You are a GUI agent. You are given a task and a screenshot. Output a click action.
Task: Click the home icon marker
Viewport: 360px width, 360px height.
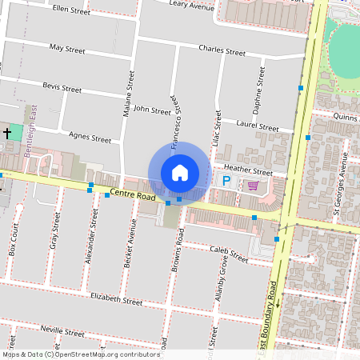click(180, 172)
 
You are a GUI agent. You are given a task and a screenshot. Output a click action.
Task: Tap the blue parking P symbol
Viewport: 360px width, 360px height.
click(226, 182)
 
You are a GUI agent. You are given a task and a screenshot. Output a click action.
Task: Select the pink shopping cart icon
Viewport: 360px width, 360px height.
click(253, 186)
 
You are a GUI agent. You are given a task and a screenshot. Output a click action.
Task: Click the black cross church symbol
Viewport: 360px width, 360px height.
click(7, 132)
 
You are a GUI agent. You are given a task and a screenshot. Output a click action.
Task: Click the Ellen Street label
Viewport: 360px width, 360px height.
click(70, 8)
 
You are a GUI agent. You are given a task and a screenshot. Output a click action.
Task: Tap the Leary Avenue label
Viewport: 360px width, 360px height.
click(192, 5)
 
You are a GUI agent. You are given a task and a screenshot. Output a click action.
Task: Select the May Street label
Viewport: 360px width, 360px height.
click(67, 49)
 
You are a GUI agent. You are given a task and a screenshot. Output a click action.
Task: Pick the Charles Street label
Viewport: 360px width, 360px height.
click(222, 50)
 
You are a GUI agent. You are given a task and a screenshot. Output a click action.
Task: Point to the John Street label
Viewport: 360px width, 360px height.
click(152, 110)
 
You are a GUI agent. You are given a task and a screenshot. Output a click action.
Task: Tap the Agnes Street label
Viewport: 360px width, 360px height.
click(90, 138)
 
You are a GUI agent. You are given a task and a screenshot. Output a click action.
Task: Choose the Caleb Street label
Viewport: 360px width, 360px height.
click(229, 254)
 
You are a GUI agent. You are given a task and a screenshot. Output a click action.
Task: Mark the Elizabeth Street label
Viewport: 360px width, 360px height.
click(117, 300)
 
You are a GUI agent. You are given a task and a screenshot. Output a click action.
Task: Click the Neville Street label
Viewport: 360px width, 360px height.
click(62, 331)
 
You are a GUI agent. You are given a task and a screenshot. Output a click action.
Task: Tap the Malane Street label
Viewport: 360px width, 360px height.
click(128, 94)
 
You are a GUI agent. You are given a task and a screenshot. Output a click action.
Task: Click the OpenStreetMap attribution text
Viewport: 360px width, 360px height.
click(81, 354)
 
